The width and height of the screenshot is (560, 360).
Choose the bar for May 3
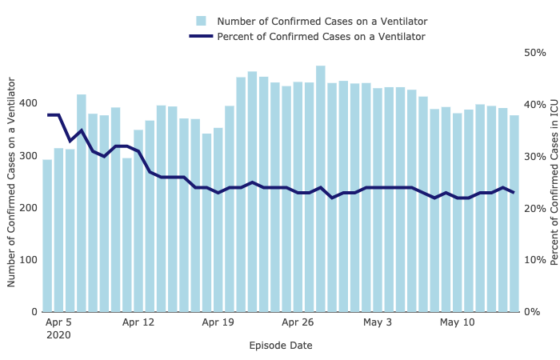(x=378, y=200)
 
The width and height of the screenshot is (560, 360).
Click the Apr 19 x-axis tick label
(x=218, y=323)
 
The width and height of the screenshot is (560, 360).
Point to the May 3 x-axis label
(x=378, y=323)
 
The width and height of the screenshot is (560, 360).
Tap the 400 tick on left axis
(x=26, y=104)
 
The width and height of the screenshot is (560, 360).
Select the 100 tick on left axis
(x=26, y=260)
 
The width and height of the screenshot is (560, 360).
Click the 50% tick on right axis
(x=534, y=53)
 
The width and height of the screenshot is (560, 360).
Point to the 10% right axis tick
(x=534, y=260)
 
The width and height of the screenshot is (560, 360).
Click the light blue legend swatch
(x=202, y=21)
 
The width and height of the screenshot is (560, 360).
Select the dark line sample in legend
(x=202, y=36)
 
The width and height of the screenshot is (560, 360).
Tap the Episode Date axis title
(x=281, y=346)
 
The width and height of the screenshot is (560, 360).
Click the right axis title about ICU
(x=554, y=182)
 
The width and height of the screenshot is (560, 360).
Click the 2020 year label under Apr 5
(x=58, y=336)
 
